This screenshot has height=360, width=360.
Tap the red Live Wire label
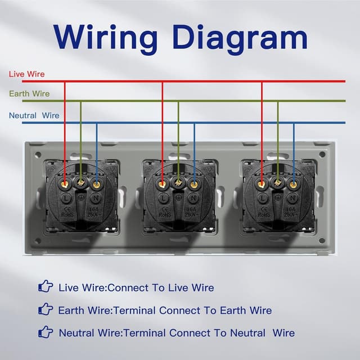26,74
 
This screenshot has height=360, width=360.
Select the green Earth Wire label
29,94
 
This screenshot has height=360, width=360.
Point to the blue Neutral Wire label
34,116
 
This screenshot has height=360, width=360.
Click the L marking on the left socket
66,198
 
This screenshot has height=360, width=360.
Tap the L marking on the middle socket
163,198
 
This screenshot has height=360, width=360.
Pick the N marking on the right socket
293,198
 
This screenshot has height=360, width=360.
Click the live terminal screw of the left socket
65,183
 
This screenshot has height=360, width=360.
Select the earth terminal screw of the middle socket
178,182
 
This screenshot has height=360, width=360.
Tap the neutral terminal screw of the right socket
293,183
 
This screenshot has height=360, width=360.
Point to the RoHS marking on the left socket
66,214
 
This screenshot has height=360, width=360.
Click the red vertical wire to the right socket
262,129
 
